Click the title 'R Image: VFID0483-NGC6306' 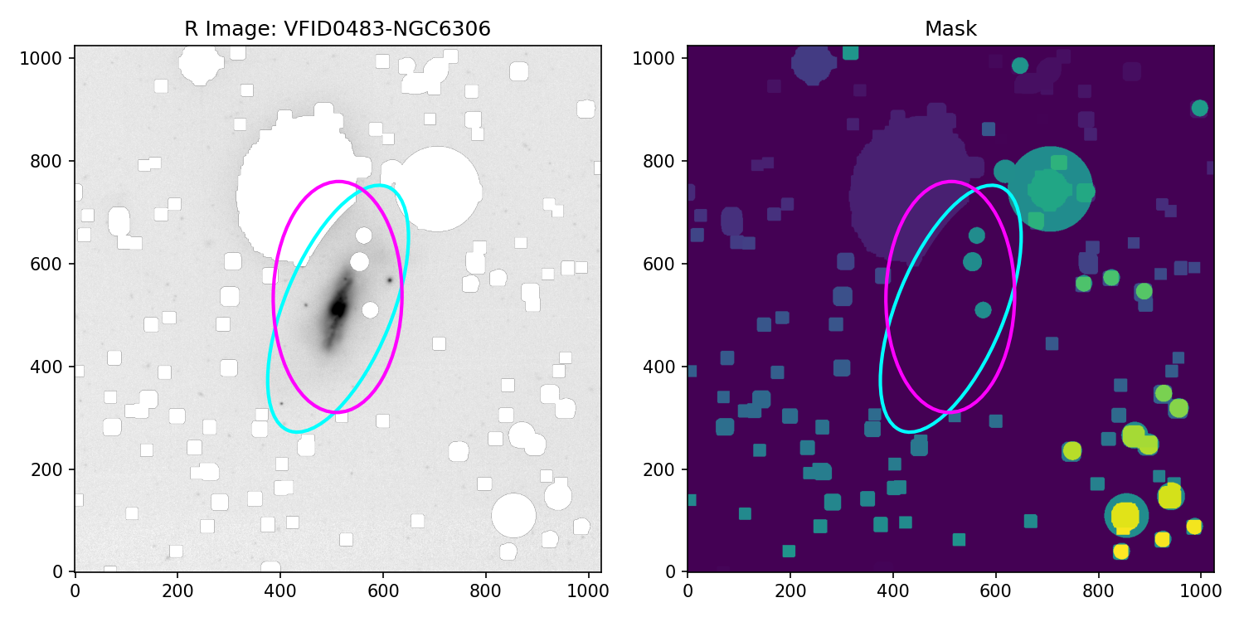tap(337, 29)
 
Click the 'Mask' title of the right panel tap(950, 29)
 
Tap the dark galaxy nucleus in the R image tap(338, 309)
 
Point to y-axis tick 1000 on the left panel tap(56, 58)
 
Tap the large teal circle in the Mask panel tap(1049, 189)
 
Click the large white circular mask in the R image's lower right tap(513, 515)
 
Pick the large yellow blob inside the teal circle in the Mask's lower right tap(1125, 515)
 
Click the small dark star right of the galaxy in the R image tap(389, 279)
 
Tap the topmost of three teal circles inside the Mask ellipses tap(976, 236)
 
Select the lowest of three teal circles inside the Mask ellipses tap(983, 310)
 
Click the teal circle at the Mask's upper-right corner tap(1199, 108)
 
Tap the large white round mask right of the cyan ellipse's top tap(437, 189)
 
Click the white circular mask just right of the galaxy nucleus tap(370, 310)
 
